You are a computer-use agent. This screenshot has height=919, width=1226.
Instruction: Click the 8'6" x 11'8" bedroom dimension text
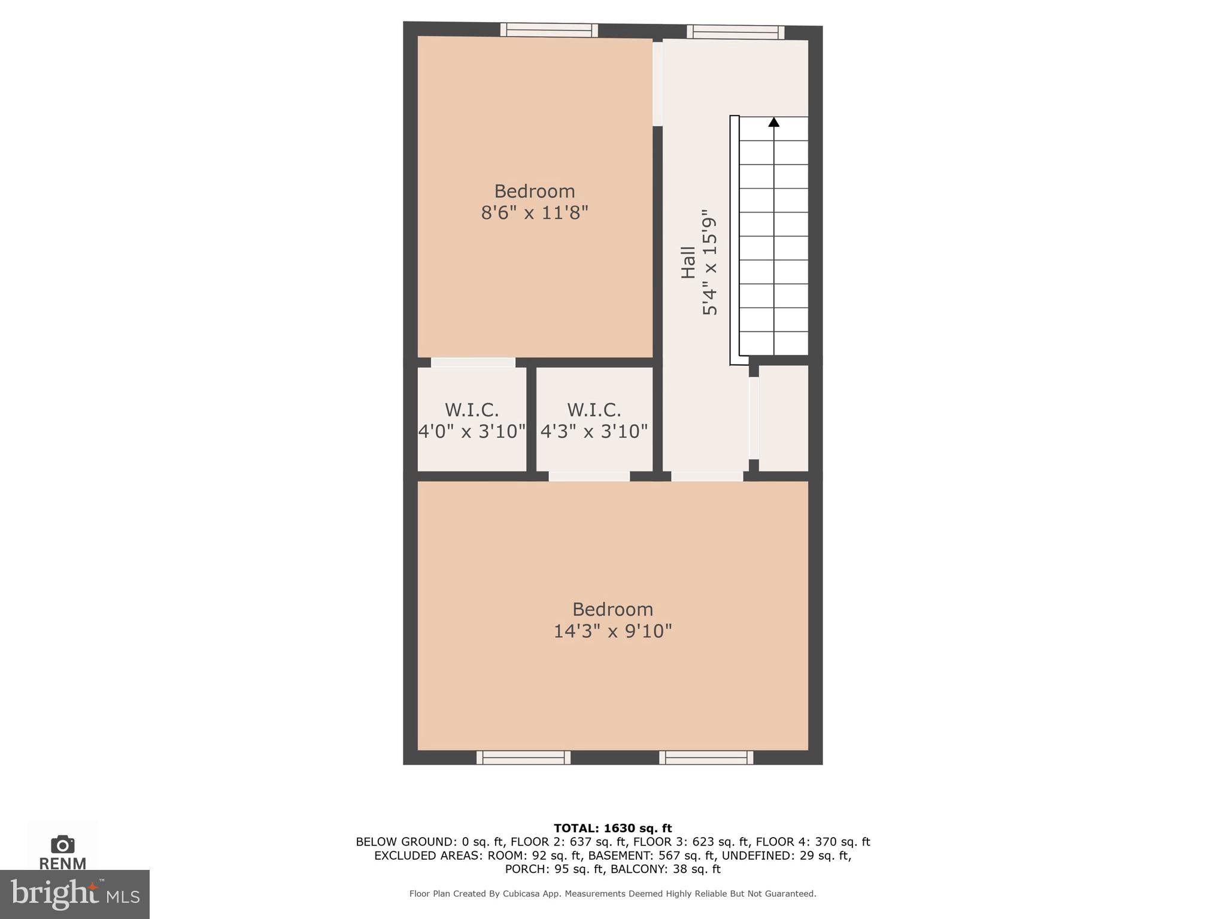pyautogui.click(x=535, y=213)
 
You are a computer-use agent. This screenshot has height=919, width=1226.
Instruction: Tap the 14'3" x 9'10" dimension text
pyautogui.click(x=612, y=631)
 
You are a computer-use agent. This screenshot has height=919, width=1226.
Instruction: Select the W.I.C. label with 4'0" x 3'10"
pyautogui.click(x=472, y=410)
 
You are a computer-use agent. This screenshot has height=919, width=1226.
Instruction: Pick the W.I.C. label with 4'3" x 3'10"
pyautogui.click(x=594, y=410)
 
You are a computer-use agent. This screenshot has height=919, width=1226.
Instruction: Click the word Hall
pyautogui.click(x=688, y=263)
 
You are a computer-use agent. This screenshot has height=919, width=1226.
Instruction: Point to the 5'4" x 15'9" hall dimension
pyautogui.click(x=709, y=263)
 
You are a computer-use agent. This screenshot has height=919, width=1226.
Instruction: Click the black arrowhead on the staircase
pyautogui.click(x=774, y=122)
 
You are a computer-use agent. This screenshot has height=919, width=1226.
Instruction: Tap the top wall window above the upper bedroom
pyautogui.click(x=549, y=30)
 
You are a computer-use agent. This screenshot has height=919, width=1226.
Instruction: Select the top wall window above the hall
pyautogui.click(x=735, y=32)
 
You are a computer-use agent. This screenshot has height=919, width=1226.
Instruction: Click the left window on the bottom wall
pyautogui.click(x=523, y=758)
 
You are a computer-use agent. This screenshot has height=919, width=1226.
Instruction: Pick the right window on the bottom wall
pyautogui.click(x=706, y=758)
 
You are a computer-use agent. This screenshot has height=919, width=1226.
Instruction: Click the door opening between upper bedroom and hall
pyautogui.click(x=657, y=84)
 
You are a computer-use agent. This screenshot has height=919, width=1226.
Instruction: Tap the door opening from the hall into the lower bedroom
pyautogui.click(x=707, y=476)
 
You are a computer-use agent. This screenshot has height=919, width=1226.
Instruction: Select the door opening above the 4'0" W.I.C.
pyautogui.click(x=473, y=363)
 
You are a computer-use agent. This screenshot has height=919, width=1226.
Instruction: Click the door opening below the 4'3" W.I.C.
pyautogui.click(x=589, y=476)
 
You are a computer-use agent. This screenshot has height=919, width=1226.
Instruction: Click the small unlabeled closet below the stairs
pyautogui.click(x=784, y=418)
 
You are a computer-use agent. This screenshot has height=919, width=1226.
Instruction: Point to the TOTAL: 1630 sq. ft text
pyautogui.click(x=612, y=829)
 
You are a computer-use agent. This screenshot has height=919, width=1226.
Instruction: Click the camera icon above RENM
pyautogui.click(x=63, y=844)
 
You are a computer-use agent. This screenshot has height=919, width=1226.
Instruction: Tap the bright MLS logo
pyautogui.click(x=75, y=894)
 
